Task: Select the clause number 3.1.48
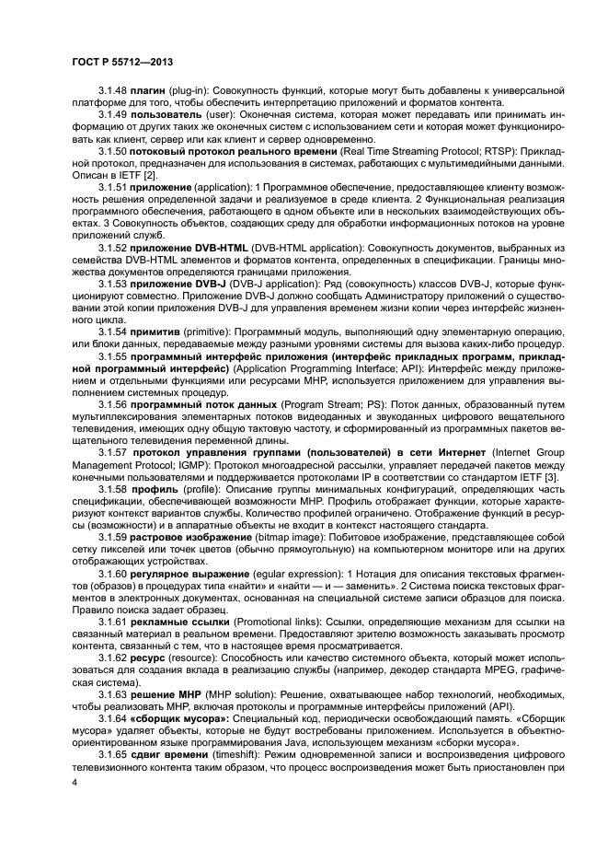pos(114,92)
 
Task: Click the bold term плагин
pos(150,92)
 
